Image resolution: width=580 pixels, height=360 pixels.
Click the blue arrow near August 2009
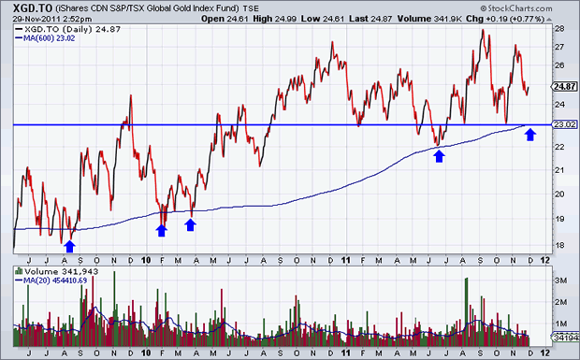click(x=69, y=245)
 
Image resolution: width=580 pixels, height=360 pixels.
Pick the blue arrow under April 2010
click(x=190, y=223)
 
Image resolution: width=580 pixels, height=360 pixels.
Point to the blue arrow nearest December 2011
click(x=530, y=135)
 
